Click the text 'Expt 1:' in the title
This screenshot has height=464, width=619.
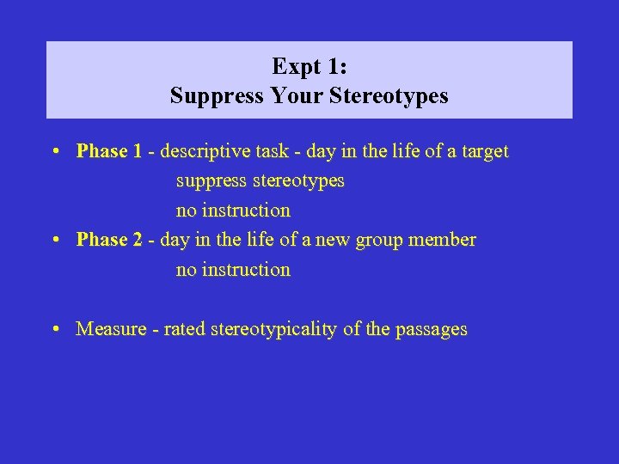(309, 66)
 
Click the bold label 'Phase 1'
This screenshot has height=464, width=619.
(108, 152)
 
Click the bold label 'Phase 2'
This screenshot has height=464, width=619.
(108, 240)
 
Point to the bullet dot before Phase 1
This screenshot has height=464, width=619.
(54, 153)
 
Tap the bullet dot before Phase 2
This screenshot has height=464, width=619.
(54, 241)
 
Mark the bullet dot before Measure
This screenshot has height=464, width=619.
(54, 329)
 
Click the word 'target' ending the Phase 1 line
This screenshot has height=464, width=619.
(483, 152)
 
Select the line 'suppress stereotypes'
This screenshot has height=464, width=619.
(260, 181)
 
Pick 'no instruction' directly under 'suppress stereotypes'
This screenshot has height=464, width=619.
(233, 211)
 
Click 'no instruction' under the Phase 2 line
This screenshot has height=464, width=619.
(233, 270)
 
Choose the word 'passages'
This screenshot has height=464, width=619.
(431, 329)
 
